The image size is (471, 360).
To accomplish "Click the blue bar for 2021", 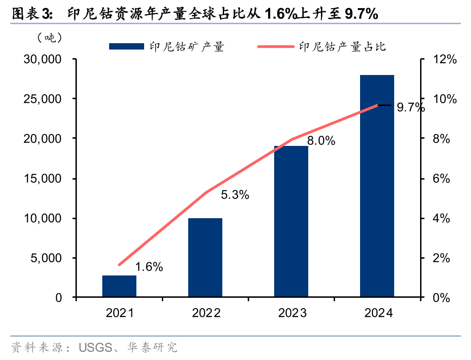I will point(119,286).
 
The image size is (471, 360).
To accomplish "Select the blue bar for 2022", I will point(205,258).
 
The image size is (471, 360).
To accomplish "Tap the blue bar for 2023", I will point(291,222).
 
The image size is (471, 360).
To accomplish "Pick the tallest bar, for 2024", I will point(377,186).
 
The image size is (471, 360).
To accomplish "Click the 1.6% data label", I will point(149,267).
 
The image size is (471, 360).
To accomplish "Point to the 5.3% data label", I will point(235,195).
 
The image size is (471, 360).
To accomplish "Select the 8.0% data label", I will point(321,141).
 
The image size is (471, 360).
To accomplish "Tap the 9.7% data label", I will point(411,108).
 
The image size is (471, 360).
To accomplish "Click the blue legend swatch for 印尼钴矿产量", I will point(126,46).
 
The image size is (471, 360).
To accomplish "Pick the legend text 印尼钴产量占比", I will point(342,46).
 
